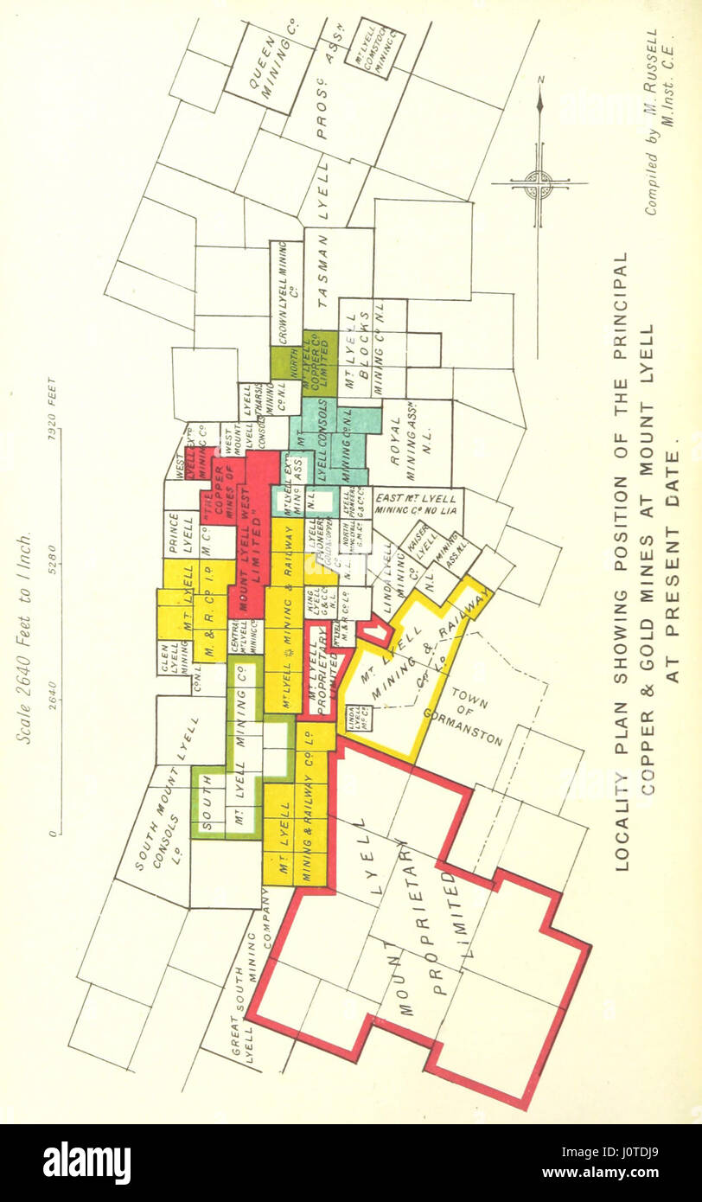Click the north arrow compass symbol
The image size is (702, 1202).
539,182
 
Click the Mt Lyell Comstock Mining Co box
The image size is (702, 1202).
380,48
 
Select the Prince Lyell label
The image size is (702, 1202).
181,535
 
